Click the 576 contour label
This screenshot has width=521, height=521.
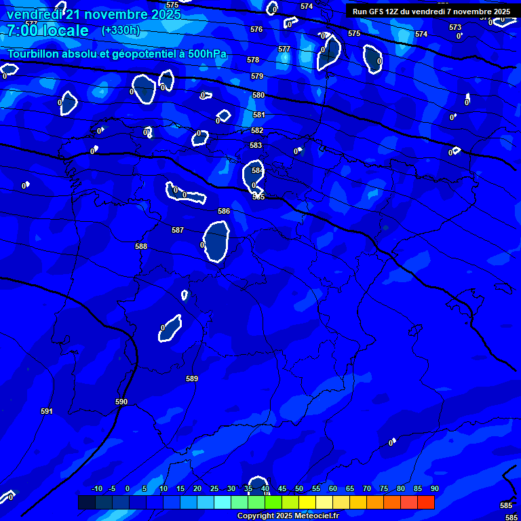[256, 29]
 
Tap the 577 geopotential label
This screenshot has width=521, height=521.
[284, 49]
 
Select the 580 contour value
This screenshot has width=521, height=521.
[258, 95]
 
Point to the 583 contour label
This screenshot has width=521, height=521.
[255, 145]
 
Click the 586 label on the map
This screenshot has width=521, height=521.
[223, 211]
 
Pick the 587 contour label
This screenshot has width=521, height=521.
[177, 230]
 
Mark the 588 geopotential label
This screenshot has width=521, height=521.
[140, 246]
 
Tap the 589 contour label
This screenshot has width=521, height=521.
[191, 379]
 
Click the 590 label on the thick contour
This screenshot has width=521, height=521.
[121, 402]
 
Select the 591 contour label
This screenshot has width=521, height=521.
[46, 411]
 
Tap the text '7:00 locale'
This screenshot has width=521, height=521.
[47, 31]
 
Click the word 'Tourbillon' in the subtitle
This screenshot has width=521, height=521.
[34, 54]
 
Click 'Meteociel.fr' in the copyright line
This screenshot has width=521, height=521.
[311, 516]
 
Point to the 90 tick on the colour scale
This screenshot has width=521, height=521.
[434, 488]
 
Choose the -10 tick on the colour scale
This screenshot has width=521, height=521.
[96, 488]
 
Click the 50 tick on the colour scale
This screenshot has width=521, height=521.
[299, 488]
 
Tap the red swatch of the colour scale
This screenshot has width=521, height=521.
[425, 502]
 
